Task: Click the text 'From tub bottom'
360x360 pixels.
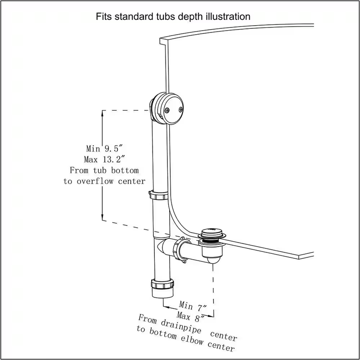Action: pos(104,170)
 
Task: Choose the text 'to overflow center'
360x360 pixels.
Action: pos(104,181)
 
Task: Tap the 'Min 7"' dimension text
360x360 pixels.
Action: pos(193,306)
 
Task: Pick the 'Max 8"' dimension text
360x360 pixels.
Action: pos(190,317)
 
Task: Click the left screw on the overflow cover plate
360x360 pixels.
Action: pos(167,111)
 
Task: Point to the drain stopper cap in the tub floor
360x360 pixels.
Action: pos(211,232)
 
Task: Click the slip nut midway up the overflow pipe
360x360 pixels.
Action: pos(158,196)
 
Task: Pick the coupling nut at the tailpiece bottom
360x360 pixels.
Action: pos(162,284)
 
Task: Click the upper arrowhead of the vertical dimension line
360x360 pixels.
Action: pos(103,113)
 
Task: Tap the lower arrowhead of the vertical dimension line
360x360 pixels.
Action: pos(103,217)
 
